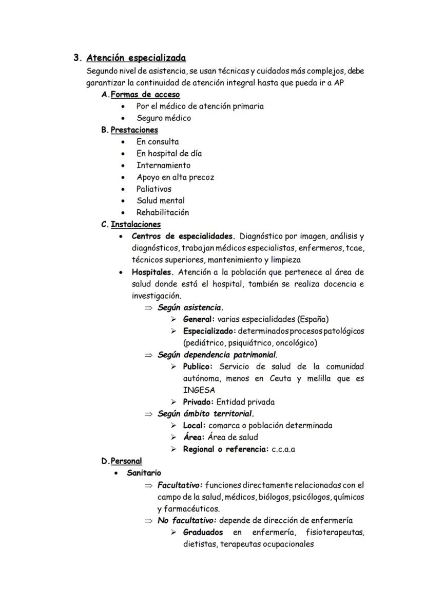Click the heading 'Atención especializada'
click(136, 58)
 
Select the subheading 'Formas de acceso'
click(145, 95)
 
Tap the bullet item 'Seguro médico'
click(163, 118)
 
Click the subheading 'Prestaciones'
click(134, 130)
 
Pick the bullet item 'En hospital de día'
click(169, 153)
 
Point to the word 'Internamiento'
click(163, 165)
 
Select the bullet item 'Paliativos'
click(154, 189)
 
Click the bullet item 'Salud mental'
click(160, 200)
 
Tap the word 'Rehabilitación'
click(162, 212)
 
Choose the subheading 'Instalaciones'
click(136, 224)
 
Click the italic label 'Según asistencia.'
click(190, 307)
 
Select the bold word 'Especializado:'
click(209, 331)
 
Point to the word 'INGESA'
click(199, 390)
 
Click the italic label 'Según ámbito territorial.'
click(206, 413)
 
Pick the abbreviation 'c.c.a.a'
click(283, 449)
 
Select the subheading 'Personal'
click(126, 461)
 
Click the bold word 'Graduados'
click(203, 532)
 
